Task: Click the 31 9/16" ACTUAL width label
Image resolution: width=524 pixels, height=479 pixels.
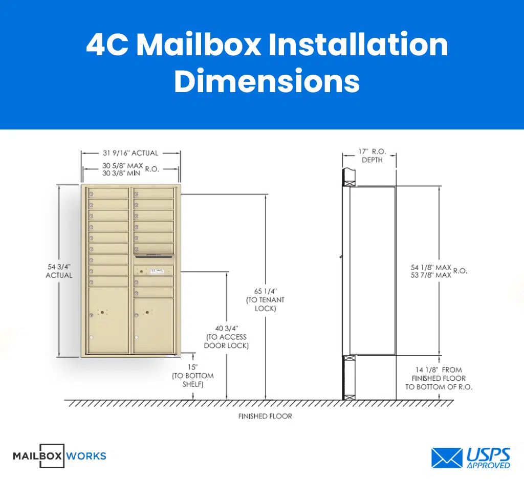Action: [130, 153]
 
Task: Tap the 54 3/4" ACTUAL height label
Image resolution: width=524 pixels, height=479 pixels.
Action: [59, 271]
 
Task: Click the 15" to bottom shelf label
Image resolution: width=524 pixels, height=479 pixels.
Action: [192, 376]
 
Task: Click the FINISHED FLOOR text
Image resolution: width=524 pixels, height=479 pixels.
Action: [265, 417]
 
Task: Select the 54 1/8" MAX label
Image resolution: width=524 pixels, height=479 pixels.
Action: [431, 268]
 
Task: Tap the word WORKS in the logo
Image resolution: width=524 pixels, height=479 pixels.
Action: [86, 455]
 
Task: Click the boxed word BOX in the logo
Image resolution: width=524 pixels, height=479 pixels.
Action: [52, 455]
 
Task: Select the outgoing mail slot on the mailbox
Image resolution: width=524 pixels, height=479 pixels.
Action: [154, 254]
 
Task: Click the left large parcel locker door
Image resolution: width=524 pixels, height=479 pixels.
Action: [108, 320]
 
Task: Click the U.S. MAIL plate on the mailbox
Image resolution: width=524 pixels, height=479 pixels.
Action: [157, 270]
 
